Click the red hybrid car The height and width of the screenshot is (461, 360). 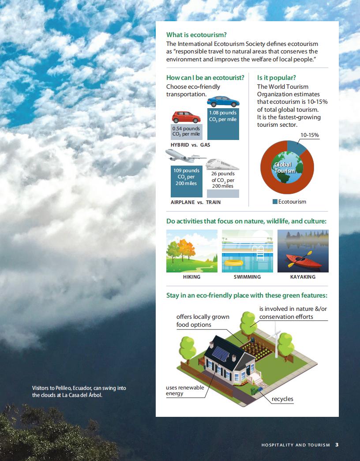186,117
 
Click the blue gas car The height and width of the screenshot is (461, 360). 223,102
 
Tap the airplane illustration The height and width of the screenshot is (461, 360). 185,155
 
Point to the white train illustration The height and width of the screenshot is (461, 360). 222,164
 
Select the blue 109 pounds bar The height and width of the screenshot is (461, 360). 187,181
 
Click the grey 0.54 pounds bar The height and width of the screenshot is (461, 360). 186,132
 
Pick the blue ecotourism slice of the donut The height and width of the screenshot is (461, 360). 297,147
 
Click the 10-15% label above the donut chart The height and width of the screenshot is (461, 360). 310,135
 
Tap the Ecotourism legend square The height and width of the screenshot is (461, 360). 275,202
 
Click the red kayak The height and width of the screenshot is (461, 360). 304,261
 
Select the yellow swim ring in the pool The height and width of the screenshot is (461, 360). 233,262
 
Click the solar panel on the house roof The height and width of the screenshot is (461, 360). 221,354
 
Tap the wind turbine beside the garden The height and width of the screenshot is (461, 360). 275,339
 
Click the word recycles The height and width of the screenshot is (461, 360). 282,399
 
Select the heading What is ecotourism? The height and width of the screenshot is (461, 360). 196,35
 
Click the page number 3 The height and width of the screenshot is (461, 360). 337,445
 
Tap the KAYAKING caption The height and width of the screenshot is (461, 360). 303,277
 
